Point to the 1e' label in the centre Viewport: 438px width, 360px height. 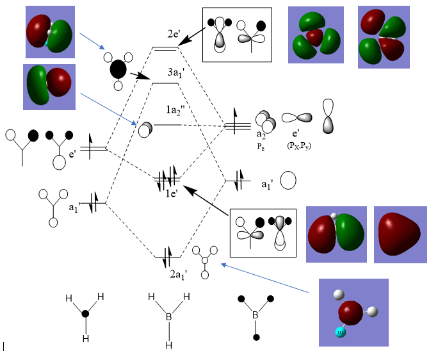pyautogui.click(x=170, y=192)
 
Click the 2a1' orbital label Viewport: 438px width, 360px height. pyautogui.click(x=178, y=274)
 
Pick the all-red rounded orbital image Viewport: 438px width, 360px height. pyautogui.click(x=400, y=234)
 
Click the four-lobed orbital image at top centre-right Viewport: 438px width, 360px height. pyautogui.click(x=315, y=35)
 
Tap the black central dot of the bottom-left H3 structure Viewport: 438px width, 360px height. pyautogui.click(x=85, y=313)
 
